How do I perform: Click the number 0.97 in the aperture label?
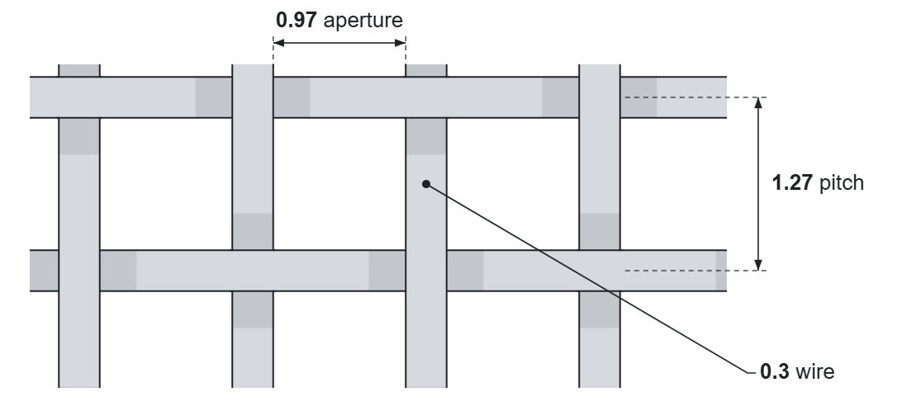point(296,20)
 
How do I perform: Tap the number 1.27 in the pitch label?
point(792,183)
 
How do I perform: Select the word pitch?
point(842,183)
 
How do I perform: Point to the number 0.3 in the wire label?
point(775,371)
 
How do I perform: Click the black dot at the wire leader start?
point(426,184)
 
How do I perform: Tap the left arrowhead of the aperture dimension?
point(278,43)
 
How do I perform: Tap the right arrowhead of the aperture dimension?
point(401,43)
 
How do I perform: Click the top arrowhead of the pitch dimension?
point(758,103)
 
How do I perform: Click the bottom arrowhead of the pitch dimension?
point(758,265)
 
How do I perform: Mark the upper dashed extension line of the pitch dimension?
point(695,97)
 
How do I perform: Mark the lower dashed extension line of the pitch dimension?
point(695,271)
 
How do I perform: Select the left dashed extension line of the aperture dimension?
point(273,50)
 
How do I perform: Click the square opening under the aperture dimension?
point(339,183)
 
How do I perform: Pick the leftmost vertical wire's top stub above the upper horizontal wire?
point(79,70)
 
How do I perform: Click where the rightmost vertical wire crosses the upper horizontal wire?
point(600,97)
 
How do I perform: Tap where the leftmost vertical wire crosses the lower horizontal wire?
point(79,271)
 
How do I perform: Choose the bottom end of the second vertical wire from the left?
point(253,386)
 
